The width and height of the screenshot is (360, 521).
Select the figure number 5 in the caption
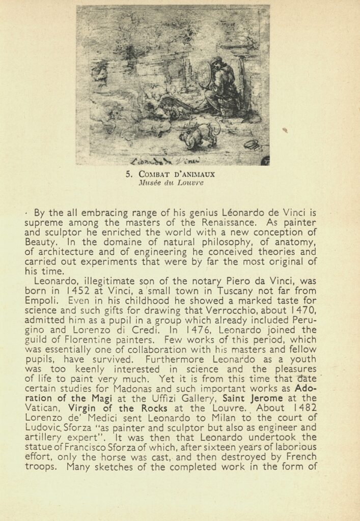click(x=129, y=174)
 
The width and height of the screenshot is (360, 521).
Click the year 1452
click(x=79, y=292)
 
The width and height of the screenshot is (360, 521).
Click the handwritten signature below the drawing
click(x=159, y=161)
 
